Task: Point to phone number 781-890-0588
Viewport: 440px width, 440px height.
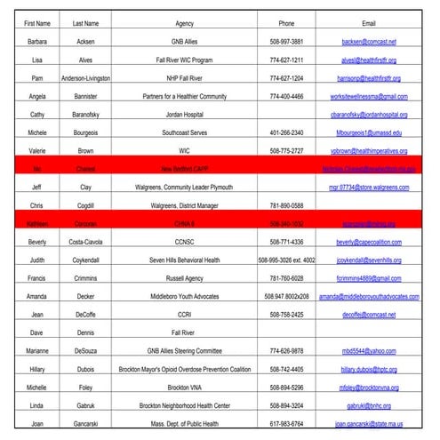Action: coord(286,204)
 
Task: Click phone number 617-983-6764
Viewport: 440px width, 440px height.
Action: coord(286,423)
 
